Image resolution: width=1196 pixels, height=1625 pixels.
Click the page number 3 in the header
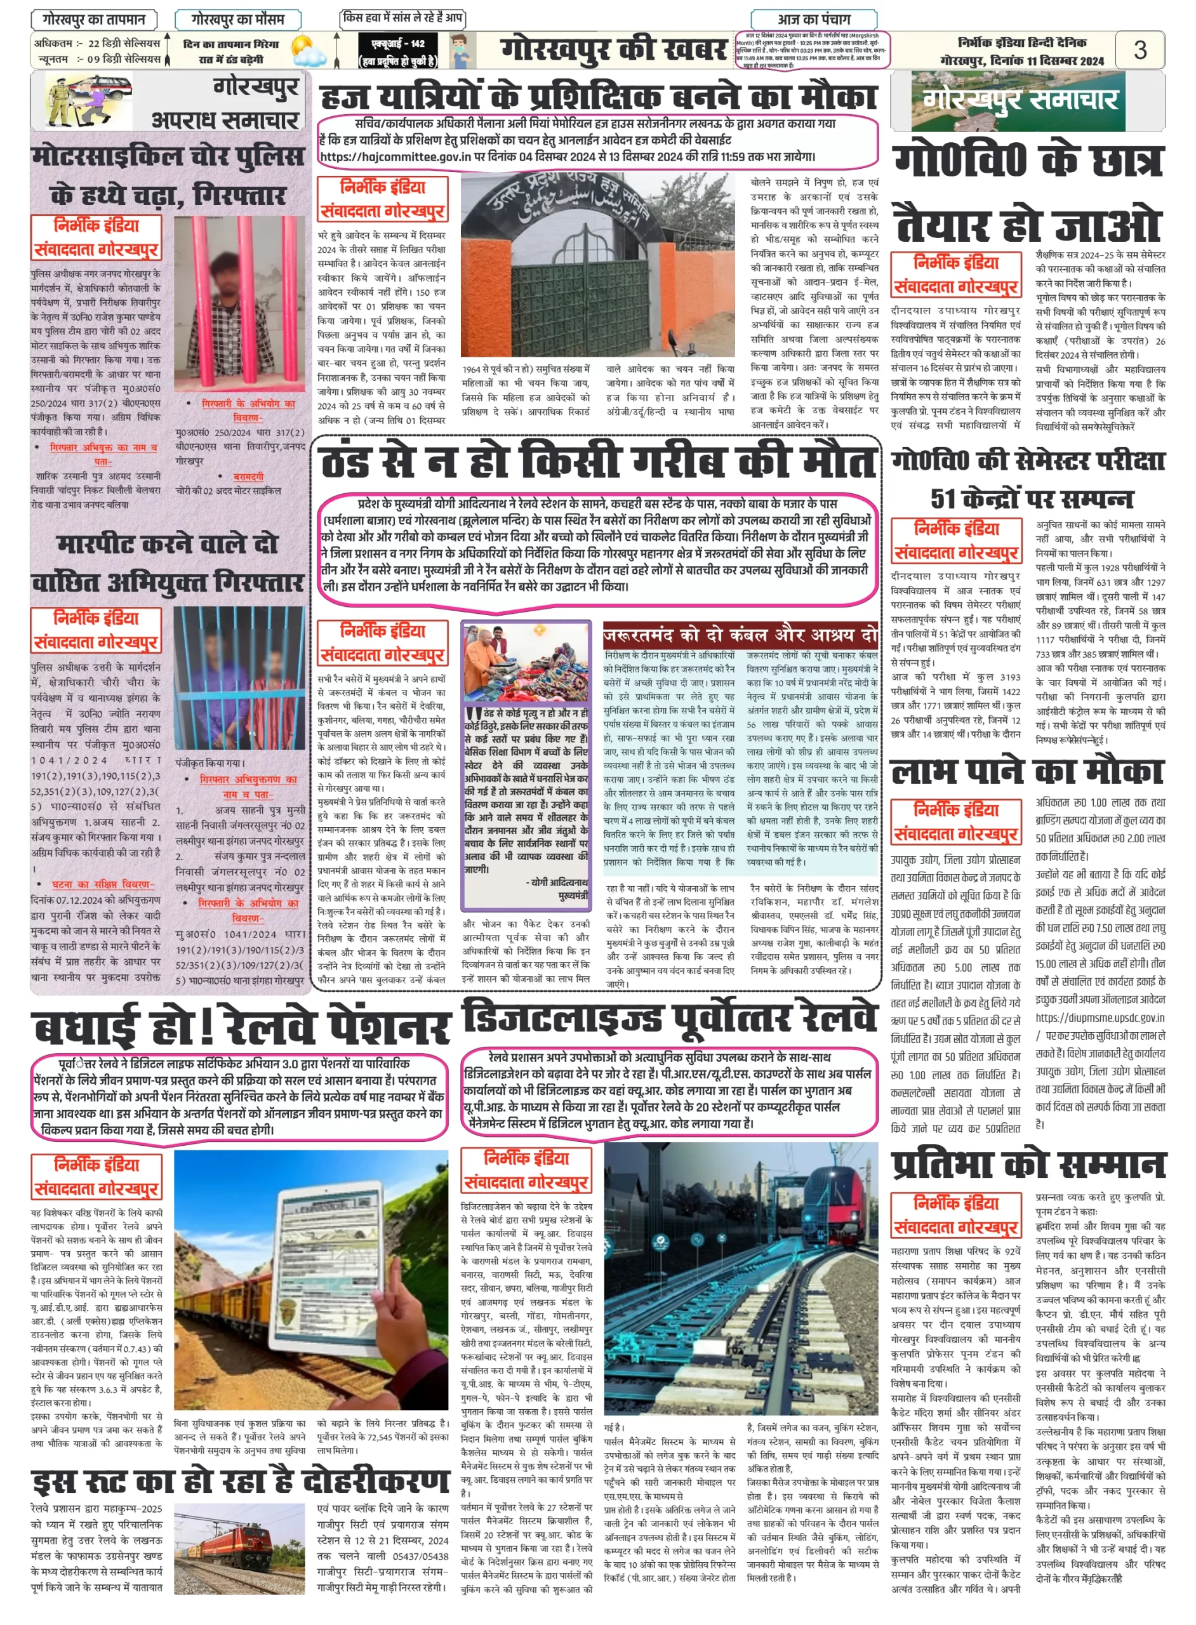point(1140,50)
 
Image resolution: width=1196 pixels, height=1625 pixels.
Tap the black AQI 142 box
point(397,51)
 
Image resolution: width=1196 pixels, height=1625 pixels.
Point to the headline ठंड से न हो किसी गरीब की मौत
point(598,463)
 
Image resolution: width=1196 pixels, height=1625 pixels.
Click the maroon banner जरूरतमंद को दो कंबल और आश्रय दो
point(740,635)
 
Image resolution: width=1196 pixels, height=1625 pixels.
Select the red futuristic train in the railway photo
point(825,1195)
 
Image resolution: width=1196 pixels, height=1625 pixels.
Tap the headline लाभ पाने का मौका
point(1027,772)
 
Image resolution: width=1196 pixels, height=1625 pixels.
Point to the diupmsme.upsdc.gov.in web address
point(1100,1017)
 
